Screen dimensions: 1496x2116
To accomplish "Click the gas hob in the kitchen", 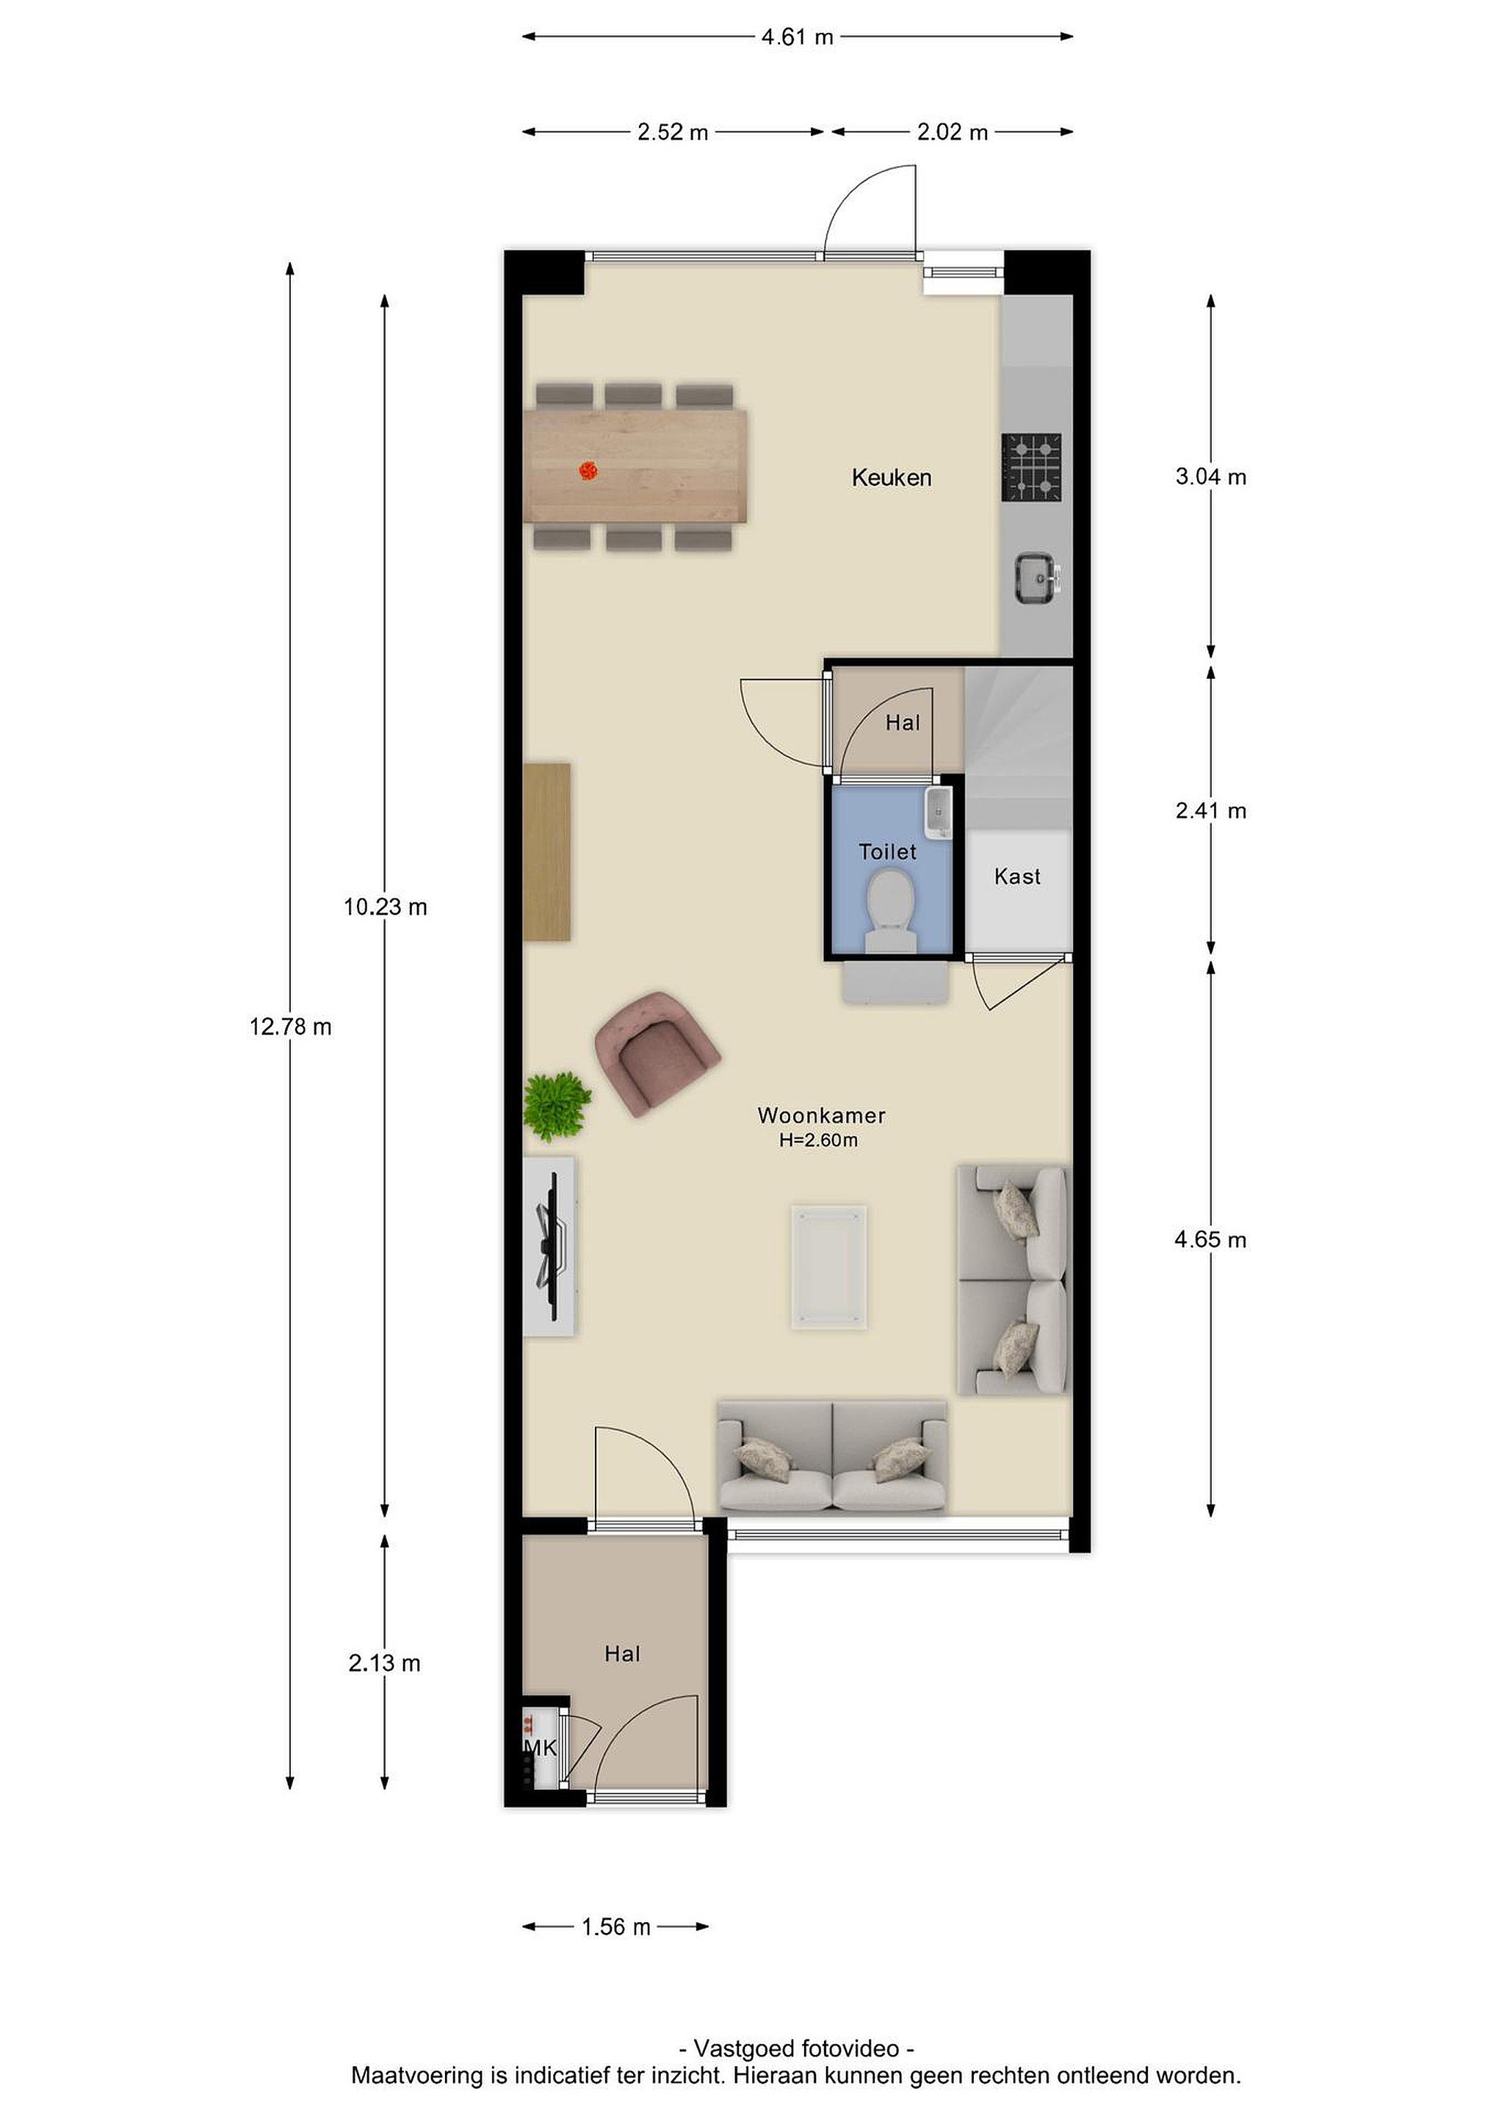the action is click(x=1032, y=467).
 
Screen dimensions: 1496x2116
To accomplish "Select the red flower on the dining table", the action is click(x=588, y=471).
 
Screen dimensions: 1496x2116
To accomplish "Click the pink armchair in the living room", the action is click(x=657, y=1054).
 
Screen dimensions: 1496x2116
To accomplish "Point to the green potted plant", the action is click(x=557, y=1106).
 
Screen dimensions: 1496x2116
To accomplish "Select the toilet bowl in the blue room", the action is click(x=891, y=913).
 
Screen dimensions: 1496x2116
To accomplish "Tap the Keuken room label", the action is click(x=891, y=478).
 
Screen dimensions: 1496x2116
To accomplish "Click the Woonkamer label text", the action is click(x=822, y=1115).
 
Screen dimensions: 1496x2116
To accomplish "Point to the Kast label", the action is click(x=1017, y=877).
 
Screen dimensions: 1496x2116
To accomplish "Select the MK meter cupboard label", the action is click(x=540, y=1746).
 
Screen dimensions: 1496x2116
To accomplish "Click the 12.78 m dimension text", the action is click(x=290, y=1026).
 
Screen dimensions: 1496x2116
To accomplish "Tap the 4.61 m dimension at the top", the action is click(x=797, y=37).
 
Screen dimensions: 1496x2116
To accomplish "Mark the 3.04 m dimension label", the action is click(x=1210, y=477).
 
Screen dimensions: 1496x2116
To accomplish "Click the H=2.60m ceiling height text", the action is click(x=818, y=1140).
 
